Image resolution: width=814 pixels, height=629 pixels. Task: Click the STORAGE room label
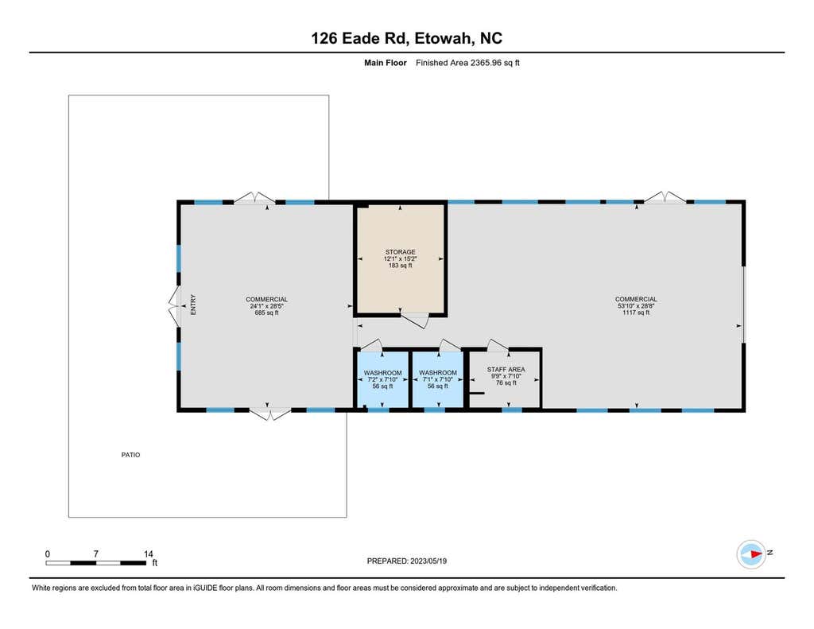coord(400,258)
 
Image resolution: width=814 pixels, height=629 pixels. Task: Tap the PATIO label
coord(131,455)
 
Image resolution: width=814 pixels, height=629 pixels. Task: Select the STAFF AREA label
coord(506,376)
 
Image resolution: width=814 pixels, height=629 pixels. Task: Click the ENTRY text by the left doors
coord(193,305)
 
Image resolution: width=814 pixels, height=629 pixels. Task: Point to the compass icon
coord(751,553)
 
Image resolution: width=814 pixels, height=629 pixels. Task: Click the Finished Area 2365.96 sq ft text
coord(467,63)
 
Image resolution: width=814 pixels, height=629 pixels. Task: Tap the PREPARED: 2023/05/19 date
coord(406,561)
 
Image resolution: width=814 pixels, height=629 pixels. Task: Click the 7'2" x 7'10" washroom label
coord(382,379)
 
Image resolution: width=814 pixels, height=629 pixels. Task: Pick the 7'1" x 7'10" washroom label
coord(438,379)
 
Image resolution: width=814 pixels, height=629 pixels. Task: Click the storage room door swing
coord(415,320)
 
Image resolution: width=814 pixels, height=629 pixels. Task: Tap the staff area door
coord(498,345)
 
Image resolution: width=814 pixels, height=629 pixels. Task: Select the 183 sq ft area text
coord(401,266)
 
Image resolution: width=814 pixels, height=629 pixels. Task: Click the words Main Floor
coord(386,63)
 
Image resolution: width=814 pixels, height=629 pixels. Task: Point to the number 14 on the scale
coord(149,554)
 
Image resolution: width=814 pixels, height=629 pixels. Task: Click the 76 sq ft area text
coord(506,382)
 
